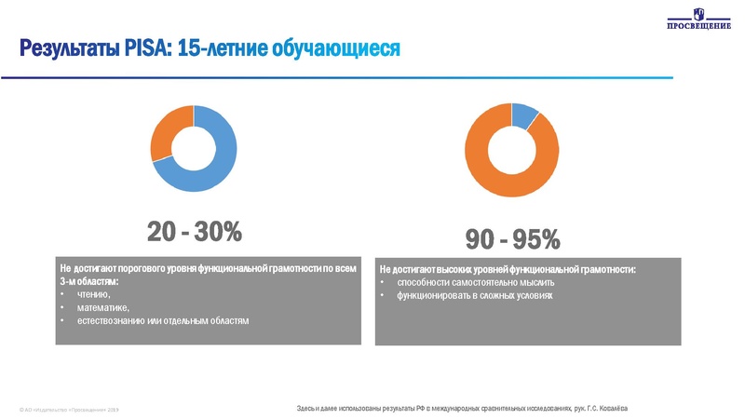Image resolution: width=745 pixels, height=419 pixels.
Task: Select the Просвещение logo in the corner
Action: [x=698, y=20]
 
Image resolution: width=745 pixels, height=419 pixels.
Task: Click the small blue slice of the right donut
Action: [x=524, y=116]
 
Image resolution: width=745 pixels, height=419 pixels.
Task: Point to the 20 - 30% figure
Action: [x=194, y=231]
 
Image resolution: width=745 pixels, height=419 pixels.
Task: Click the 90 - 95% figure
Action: [x=513, y=240]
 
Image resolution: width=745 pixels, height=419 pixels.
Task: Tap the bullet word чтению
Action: [x=93, y=294]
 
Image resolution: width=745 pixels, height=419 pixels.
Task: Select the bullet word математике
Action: [x=102, y=307]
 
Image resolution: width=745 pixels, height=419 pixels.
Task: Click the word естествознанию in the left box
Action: [x=115, y=320]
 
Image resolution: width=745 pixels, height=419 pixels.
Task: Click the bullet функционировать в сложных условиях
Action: [x=475, y=296]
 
